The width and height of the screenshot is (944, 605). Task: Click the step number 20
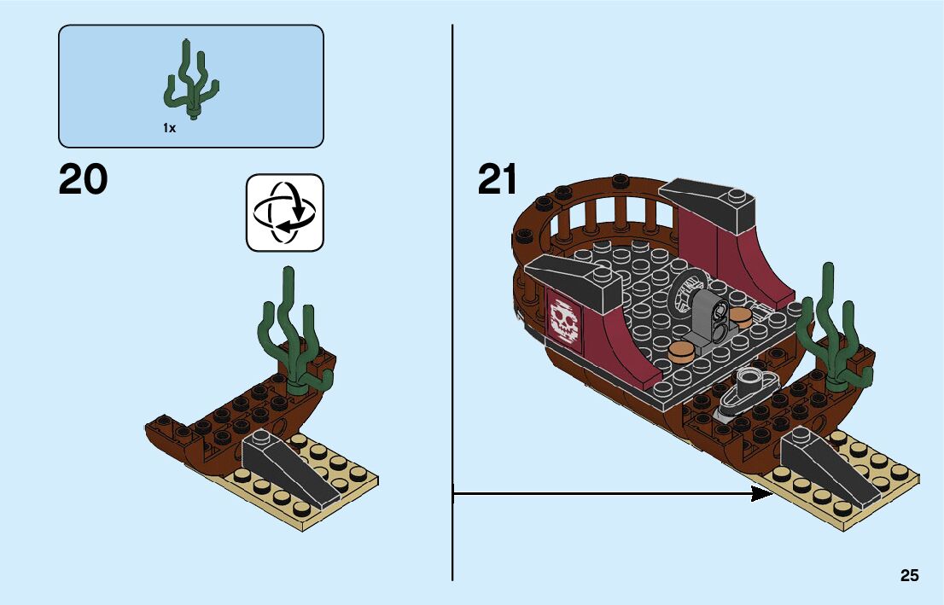[84, 180]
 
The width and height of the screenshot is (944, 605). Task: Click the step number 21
[498, 180]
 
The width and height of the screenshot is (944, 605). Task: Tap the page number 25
[909, 576]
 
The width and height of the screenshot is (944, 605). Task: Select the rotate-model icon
[285, 212]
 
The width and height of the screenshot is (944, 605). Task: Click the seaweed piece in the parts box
[190, 82]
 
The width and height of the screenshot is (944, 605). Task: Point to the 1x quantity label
[169, 128]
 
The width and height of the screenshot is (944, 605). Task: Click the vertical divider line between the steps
[452, 299]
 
